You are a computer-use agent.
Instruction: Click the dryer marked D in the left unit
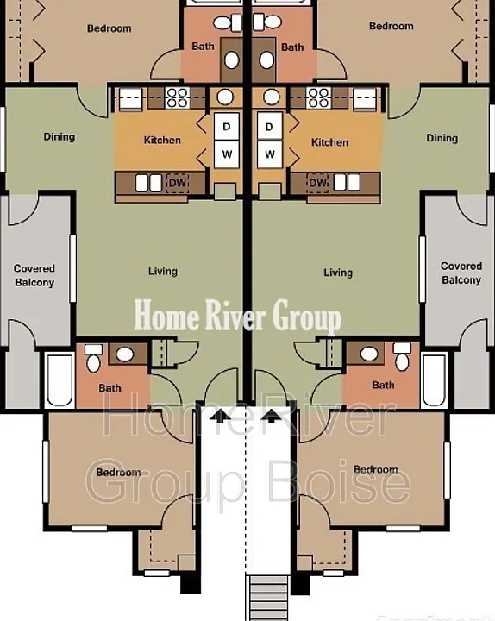point(227,127)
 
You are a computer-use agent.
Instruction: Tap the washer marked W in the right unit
point(270,154)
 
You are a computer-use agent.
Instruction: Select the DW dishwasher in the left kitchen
point(178,183)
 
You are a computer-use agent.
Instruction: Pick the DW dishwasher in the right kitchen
point(317,183)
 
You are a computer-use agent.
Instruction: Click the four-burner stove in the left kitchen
point(177,97)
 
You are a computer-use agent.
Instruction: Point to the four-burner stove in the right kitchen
point(319,97)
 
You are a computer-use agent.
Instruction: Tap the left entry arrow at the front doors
point(220,416)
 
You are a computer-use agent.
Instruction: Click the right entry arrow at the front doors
point(272,416)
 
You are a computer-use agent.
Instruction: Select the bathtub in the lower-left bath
point(60,380)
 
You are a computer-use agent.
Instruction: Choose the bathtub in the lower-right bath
point(435,380)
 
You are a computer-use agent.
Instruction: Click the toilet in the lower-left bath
point(93,358)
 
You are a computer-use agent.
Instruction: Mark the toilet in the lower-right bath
point(402,356)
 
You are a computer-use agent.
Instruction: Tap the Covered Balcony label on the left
point(34,275)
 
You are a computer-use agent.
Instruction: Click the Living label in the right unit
point(338,273)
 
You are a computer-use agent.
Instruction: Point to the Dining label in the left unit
point(59,137)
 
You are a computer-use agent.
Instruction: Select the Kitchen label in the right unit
point(330,142)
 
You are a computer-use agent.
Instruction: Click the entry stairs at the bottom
point(268,598)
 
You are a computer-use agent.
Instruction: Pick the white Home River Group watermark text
point(237,316)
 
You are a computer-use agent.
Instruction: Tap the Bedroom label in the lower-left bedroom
point(119,472)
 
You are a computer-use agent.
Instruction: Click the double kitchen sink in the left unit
point(149,183)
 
